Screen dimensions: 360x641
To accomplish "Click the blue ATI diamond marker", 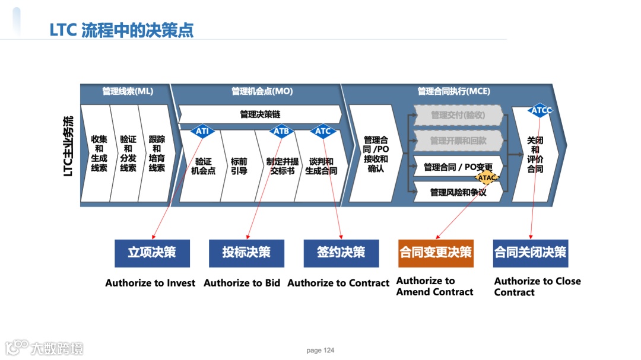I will pyautogui.click(x=202, y=131).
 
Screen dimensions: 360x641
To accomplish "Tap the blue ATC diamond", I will pyautogui.click(x=323, y=131).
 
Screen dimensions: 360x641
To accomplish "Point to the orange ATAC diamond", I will pyautogui.click(x=487, y=177).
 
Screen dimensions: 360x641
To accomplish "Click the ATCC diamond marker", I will pyautogui.click(x=541, y=110).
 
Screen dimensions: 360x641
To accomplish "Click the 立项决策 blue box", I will pyautogui.click(x=152, y=253).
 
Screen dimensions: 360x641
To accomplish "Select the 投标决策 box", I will pyautogui.click(x=246, y=253).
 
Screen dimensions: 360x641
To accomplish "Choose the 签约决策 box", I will pyautogui.click(x=341, y=253).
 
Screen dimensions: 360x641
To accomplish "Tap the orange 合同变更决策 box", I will pyautogui.click(x=436, y=253).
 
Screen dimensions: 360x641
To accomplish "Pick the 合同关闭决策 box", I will pyautogui.click(x=531, y=253).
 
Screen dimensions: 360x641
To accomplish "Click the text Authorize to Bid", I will pyautogui.click(x=242, y=283).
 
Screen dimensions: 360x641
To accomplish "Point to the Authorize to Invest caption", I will pyautogui.click(x=150, y=283).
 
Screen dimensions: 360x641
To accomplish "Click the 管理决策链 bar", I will pyautogui.click(x=260, y=114).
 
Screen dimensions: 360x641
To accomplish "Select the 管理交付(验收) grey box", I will pyautogui.click(x=458, y=115).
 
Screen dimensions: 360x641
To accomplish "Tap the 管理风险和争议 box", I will pyautogui.click(x=458, y=192).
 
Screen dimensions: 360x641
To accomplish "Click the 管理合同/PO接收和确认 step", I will pyautogui.click(x=376, y=154).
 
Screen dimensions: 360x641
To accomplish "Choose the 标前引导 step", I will pyautogui.click(x=239, y=166).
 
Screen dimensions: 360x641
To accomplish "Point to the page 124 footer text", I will pyautogui.click(x=320, y=351).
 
